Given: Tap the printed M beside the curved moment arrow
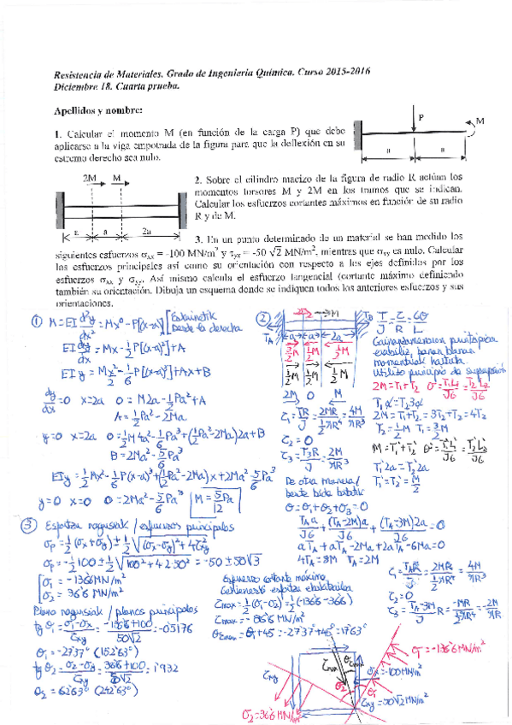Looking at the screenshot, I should point(480,122).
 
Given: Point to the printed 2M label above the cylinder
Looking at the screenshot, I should point(90,180).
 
